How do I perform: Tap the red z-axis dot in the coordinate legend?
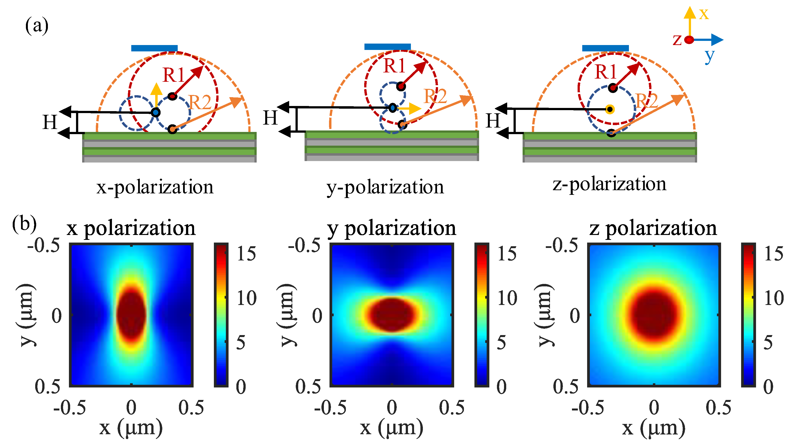coord(689,40)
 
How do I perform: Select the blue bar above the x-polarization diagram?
coord(154,48)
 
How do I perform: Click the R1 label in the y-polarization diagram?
coord(394,66)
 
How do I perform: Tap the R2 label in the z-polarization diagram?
coord(647,101)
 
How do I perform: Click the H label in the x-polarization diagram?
coord(50,122)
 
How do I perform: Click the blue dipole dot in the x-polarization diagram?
coord(156,112)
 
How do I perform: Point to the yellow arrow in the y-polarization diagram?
coord(411,108)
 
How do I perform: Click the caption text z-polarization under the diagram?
coord(609,184)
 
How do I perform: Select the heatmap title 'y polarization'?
coord(392,228)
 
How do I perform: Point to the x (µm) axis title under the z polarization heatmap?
coord(654,428)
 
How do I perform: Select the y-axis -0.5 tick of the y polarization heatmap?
coord(304,246)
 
